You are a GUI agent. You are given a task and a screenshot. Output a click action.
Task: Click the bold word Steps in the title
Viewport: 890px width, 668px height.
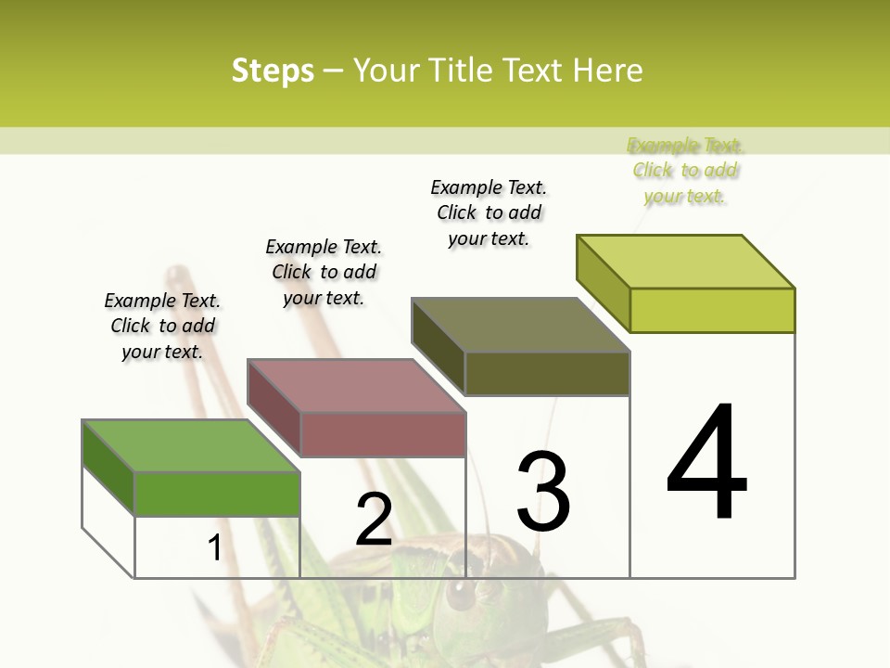coord(273,71)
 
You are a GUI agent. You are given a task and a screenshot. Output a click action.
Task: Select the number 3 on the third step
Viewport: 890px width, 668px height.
coord(543,491)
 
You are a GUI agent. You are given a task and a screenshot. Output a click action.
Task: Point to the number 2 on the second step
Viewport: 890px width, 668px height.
coord(374,520)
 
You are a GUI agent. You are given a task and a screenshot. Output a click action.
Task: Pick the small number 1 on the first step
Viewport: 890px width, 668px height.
coord(214,547)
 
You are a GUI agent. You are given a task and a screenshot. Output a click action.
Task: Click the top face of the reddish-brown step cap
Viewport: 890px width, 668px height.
coord(356,385)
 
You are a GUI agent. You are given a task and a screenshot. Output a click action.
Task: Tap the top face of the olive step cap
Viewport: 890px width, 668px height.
coord(521,325)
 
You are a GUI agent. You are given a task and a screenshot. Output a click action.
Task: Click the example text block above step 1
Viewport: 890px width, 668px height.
coord(162,326)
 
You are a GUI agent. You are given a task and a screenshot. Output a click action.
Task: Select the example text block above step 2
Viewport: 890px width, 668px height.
coord(324,272)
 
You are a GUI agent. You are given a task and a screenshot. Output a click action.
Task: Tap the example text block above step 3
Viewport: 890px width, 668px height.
coord(489,212)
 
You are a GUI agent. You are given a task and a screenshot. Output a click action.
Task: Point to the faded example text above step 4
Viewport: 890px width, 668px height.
coord(685,170)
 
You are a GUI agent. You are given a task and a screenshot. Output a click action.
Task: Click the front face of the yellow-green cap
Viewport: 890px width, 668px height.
coord(712,310)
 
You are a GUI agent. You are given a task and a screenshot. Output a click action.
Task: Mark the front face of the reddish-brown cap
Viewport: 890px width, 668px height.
coord(383,434)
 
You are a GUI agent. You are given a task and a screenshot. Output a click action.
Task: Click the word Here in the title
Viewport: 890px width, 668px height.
coord(609,71)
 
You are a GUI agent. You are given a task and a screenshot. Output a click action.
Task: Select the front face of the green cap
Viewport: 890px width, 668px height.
coord(218,494)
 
